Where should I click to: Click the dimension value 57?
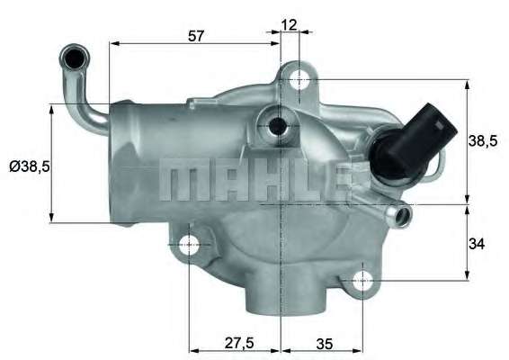[196, 36]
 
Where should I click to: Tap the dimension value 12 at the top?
[289, 24]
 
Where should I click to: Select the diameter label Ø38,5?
[29, 166]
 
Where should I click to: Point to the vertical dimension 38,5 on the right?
[483, 141]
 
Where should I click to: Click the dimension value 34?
[477, 244]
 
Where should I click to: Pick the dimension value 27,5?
[239, 343]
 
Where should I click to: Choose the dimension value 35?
[324, 344]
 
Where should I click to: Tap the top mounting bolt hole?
[299, 80]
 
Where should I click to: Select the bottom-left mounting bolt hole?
[189, 244]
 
